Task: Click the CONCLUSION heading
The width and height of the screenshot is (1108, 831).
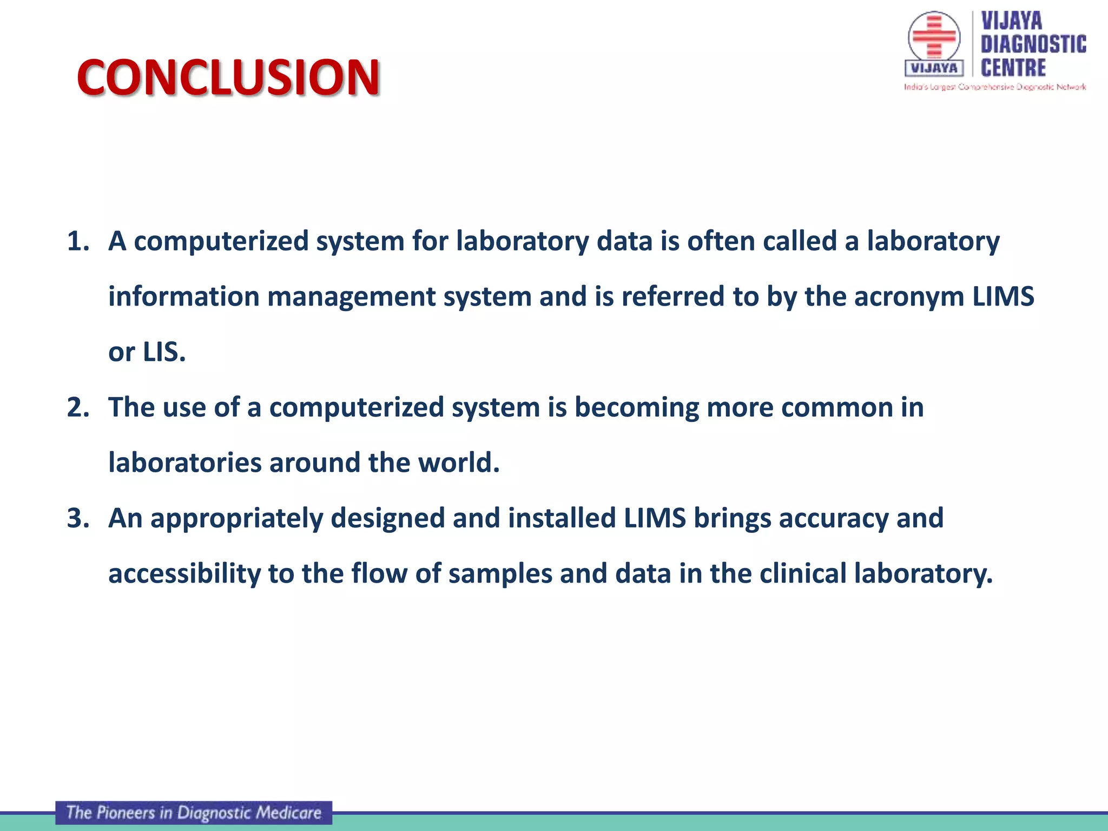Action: (x=228, y=77)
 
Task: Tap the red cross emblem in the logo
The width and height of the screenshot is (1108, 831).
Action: (x=934, y=37)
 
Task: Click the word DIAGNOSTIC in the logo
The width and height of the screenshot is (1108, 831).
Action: (x=1033, y=44)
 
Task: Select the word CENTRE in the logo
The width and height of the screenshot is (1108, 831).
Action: (x=1013, y=68)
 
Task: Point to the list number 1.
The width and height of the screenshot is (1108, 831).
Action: (x=78, y=241)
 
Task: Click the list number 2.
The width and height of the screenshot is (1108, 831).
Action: (x=78, y=407)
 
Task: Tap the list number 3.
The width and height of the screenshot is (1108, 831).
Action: (x=78, y=518)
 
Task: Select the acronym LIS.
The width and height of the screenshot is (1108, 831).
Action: (x=164, y=352)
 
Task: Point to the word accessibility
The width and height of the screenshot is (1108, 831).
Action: (x=184, y=574)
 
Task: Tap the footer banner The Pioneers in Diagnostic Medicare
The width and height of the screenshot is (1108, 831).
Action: (x=194, y=813)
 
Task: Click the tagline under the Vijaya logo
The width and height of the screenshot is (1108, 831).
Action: (x=995, y=87)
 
